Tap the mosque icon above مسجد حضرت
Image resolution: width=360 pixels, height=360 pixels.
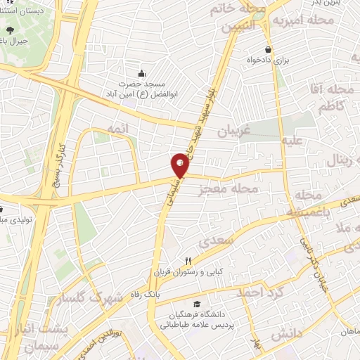[142, 73]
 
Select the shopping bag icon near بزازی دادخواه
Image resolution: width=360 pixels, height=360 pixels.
[269, 49]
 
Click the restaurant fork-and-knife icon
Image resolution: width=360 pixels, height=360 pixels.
[188, 261]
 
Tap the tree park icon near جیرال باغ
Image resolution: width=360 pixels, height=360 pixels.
[11, 30]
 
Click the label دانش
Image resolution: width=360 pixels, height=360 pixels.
[286, 332]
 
